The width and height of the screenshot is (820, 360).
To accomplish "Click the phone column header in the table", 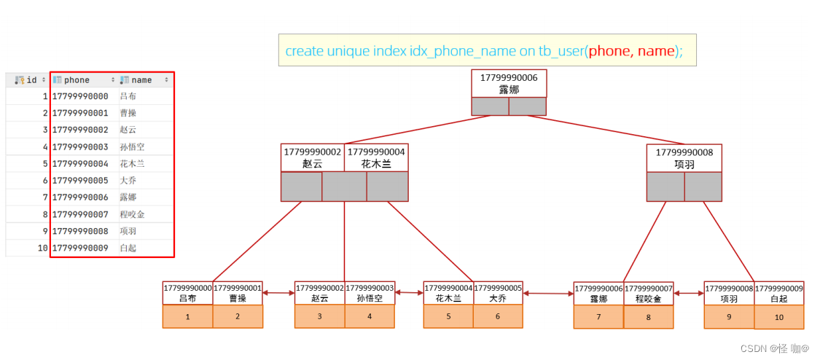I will [x=77, y=80].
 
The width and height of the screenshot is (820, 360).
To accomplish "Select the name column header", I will [x=141, y=80].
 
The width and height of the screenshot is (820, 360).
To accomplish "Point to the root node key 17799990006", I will [x=509, y=83].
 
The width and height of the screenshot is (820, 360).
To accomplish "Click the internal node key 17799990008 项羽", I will [x=684, y=158].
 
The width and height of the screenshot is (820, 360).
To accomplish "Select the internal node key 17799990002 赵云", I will [x=313, y=158].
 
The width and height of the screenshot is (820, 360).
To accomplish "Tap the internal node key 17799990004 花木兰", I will [x=376, y=158].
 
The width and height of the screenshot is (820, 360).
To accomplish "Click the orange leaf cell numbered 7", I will [x=598, y=317].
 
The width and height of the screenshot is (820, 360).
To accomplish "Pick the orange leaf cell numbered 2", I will [x=238, y=316].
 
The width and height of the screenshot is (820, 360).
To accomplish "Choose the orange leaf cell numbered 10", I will [x=779, y=317].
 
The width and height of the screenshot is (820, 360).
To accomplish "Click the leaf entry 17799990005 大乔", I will [x=498, y=293].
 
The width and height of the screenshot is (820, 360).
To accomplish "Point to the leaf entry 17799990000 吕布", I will [x=187, y=293].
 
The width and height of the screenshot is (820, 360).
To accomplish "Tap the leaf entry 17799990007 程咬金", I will [x=649, y=293].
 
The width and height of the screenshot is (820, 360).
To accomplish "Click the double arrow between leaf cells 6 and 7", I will [x=548, y=293].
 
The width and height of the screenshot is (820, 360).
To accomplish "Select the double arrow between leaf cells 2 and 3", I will [x=278, y=293].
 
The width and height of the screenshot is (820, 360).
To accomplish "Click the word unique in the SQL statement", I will [x=348, y=51].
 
